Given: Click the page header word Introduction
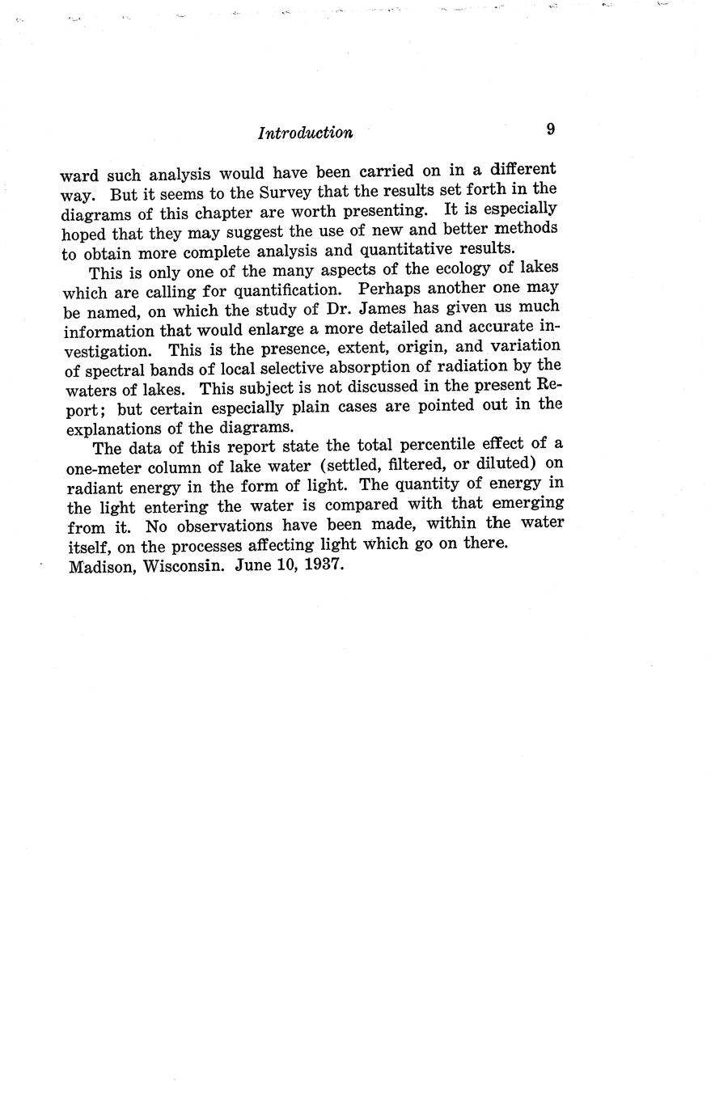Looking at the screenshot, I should (x=305, y=133).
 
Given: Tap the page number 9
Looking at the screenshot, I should (x=550, y=129).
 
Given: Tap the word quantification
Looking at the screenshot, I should (x=277, y=289).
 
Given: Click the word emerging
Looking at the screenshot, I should (x=527, y=504).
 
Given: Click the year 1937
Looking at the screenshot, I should (x=322, y=565).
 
